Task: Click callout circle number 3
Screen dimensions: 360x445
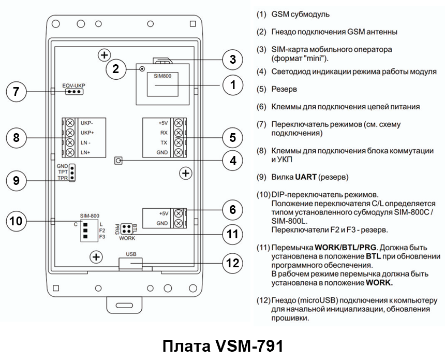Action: pos(233,60)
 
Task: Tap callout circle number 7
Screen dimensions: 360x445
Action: pos(16,92)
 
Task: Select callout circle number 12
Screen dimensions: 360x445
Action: pos(233,263)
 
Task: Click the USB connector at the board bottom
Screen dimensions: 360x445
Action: pos(130,263)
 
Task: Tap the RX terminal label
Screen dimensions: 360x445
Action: pos(163,133)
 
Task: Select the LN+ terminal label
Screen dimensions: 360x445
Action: pos(86,152)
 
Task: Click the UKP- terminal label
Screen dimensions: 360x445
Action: pos(86,123)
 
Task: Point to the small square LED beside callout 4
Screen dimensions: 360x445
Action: pos(120,161)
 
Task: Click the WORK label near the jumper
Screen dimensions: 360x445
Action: pos(127,239)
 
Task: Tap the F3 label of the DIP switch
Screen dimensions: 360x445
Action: pos(102,237)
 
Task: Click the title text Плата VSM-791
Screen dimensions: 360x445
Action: pos(223,346)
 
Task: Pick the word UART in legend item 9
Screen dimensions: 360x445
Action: pos(305,177)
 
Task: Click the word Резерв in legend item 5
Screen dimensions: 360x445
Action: pos(285,89)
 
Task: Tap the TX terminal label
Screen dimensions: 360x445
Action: pos(163,142)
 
